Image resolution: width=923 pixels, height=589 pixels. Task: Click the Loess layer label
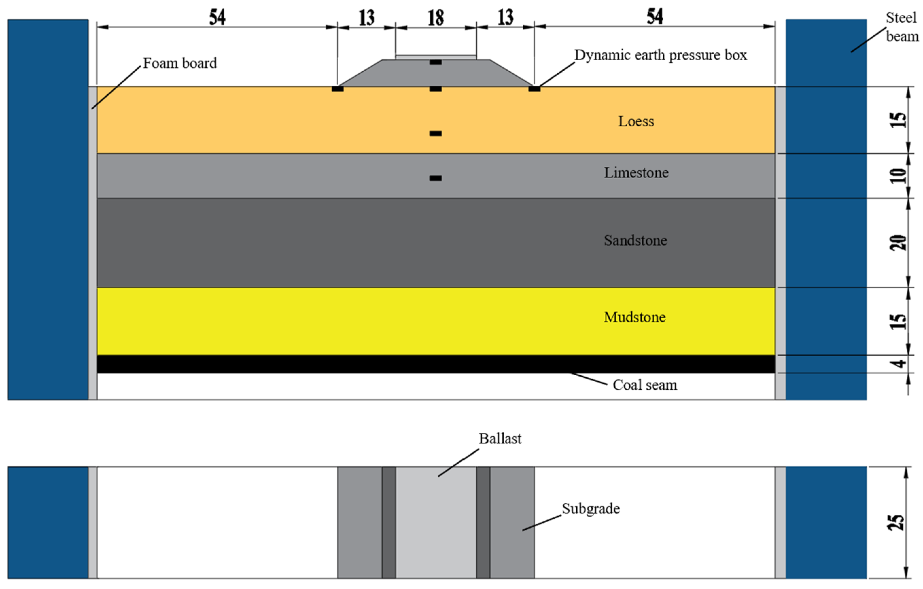click(x=636, y=121)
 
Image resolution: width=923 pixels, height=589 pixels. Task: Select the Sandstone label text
click(x=636, y=241)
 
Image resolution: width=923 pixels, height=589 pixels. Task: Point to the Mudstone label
click(x=635, y=317)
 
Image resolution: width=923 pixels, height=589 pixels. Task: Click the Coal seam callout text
click(x=645, y=385)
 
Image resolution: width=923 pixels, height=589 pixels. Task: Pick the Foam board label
click(x=180, y=63)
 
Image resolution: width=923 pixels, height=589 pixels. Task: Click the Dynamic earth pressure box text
click(x=660, y=55)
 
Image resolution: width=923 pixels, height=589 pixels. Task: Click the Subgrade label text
click(x=591, y=509)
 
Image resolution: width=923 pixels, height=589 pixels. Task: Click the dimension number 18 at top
click(x=436, y=18)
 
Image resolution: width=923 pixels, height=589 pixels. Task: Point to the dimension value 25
click(x=896, y=522)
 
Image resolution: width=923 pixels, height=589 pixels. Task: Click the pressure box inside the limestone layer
click(x=435, y=178)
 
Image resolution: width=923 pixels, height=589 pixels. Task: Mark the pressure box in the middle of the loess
click(x=435, y=134)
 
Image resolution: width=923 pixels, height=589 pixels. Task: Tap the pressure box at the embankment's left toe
click(x=337, y=89)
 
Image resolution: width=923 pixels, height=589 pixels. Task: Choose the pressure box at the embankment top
click(x=435, y=62)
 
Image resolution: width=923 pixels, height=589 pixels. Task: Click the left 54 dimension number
click(x=217, y=17)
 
